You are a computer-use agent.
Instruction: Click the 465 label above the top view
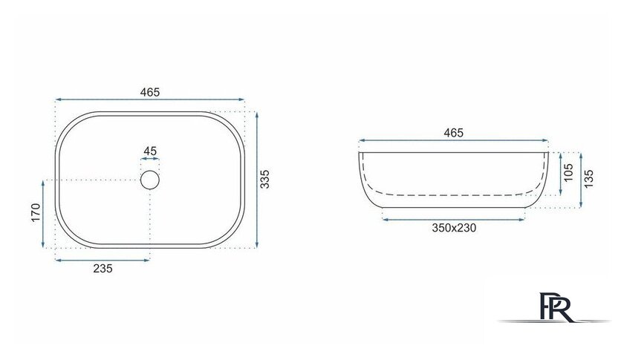[x=150, y=92]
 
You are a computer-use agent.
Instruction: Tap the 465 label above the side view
[x=453, y=133]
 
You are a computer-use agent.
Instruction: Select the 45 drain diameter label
[x=150, y=151]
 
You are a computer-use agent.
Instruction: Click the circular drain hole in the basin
[x=150, y=180]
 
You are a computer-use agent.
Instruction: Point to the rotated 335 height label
[x=265, y=180]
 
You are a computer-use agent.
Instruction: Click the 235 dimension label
[x=103, y=269]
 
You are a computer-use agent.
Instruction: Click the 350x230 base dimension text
[x=453, y=228]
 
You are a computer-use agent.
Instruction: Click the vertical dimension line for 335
[x=256, y=180]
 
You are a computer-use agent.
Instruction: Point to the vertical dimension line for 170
[x=44, y=215]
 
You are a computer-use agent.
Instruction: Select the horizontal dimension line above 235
[x=103, y=260]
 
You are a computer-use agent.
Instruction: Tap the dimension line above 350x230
[x=453, y=219]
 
